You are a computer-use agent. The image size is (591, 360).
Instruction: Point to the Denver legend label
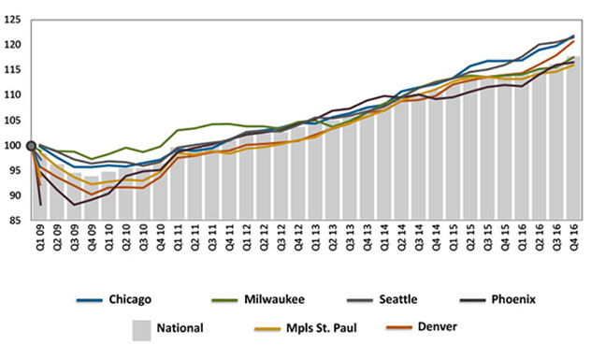[422, 329]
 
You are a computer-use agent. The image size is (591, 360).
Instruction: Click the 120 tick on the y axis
[12, 45]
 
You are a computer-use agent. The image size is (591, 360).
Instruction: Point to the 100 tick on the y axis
[12, 146]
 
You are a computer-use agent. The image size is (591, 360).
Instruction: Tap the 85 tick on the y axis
[14, 222]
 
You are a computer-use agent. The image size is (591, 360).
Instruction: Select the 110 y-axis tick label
[12, 95]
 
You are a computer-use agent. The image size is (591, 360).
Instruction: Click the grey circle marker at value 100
[32, 145]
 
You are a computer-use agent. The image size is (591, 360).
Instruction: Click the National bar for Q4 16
[572, 140]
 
